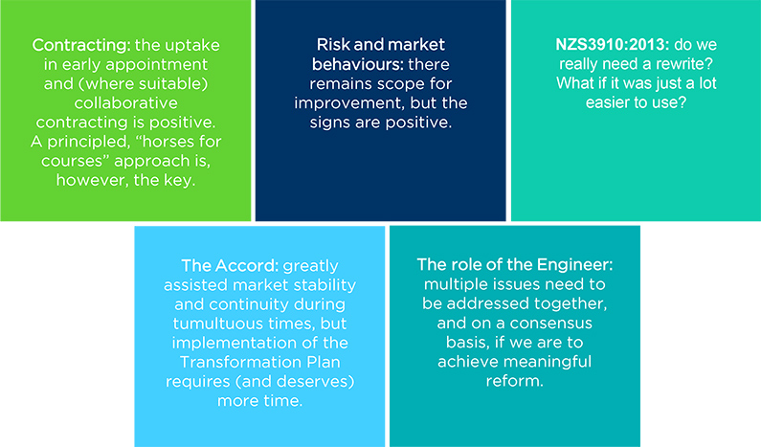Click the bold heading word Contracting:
[81, 46]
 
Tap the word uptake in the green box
[191, 46]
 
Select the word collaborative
[125, 102]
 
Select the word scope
[382, 84]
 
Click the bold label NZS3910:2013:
[613, 45]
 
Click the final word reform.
[514, 381]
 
